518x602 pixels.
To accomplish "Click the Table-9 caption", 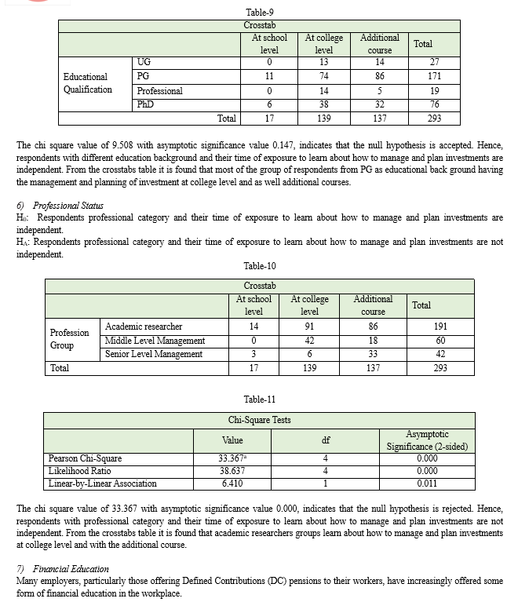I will click(259, 12).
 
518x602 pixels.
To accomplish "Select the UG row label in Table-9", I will click(144, 62).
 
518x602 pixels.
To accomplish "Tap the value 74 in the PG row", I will click(323, 76).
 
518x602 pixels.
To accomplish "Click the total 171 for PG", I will click(434, 76).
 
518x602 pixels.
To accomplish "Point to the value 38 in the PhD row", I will click(323, 105).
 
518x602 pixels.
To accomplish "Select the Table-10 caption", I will click(259, 266).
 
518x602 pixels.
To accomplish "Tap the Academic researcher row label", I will click(144, 327).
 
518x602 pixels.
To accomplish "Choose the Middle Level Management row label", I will click(155, 341).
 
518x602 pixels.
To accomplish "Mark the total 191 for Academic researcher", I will click(440, 327).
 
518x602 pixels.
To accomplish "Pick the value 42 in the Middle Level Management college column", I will click(309, 341).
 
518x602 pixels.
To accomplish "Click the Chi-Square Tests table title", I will click(259, 420).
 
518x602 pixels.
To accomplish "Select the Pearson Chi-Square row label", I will click(85, 458).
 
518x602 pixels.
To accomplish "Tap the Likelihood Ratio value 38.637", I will click(233, 471).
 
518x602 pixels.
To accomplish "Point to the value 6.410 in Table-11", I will click(233, 483).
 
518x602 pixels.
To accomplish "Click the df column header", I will click(325, 440).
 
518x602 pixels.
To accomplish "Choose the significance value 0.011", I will click(427, 483).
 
